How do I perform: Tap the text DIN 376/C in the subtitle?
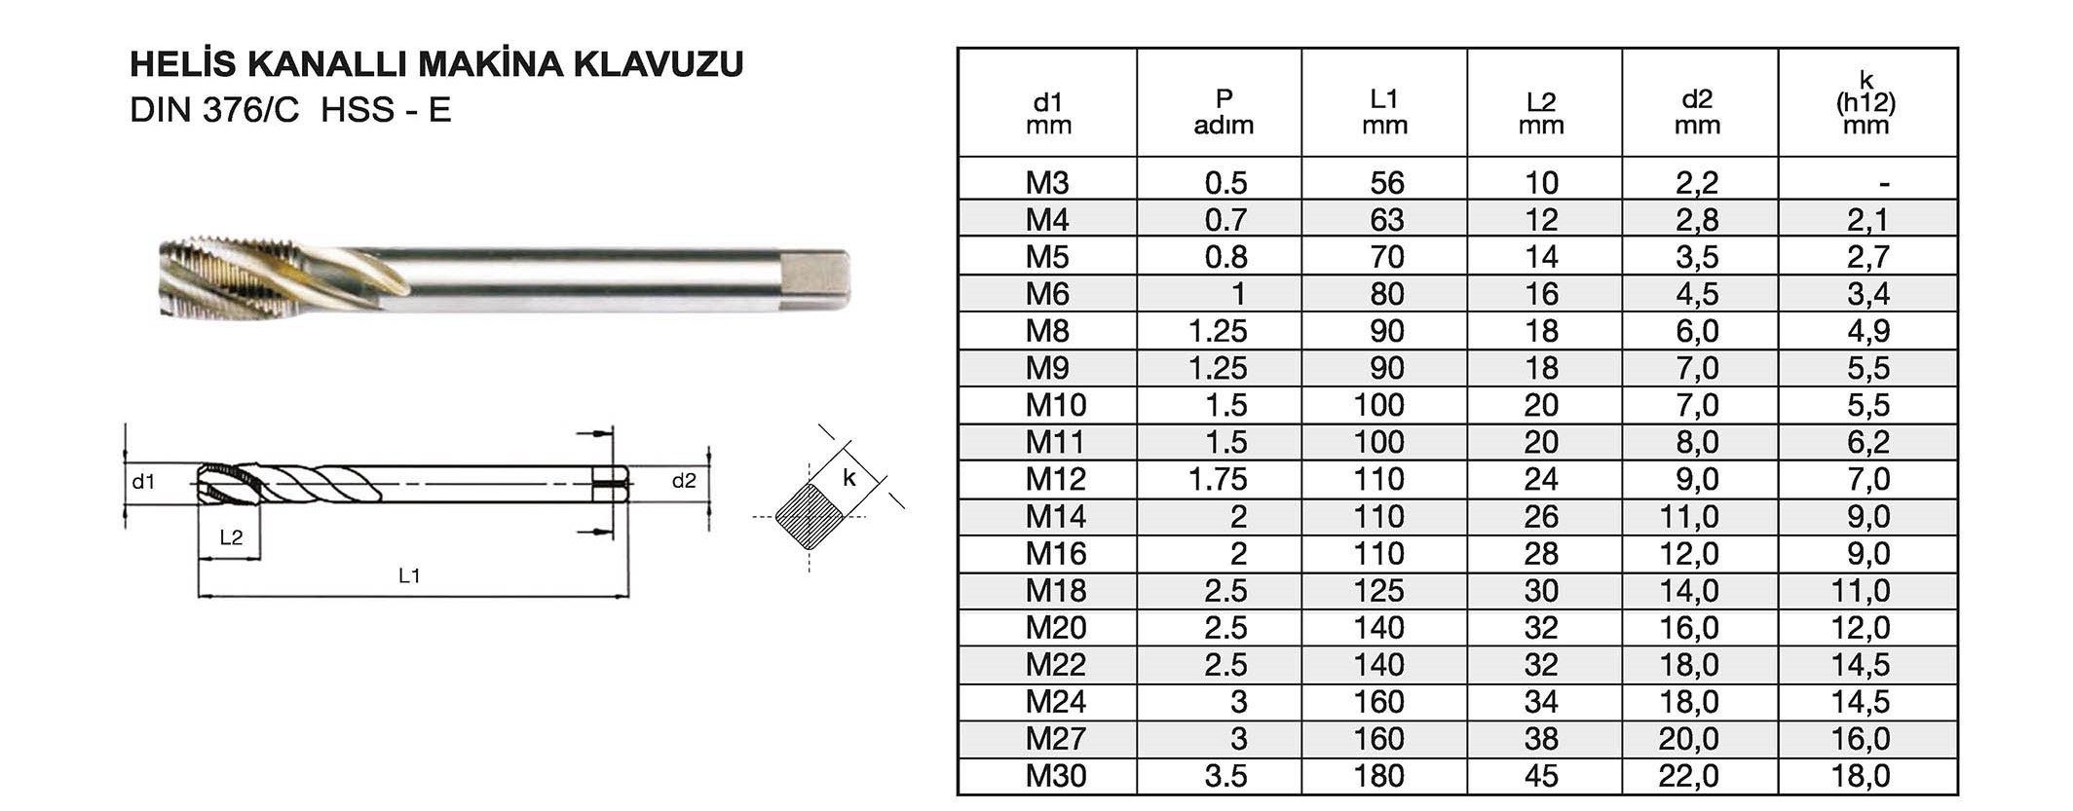pos(214,110)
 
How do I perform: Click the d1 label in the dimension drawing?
pos(143,481)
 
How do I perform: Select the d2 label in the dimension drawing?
pos(684,480)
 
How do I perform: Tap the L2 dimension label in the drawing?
pos(231,537)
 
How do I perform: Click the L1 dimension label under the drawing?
pos(409,575)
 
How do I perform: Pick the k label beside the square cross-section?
pos(849,477)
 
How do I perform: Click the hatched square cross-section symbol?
pos(810,517)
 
